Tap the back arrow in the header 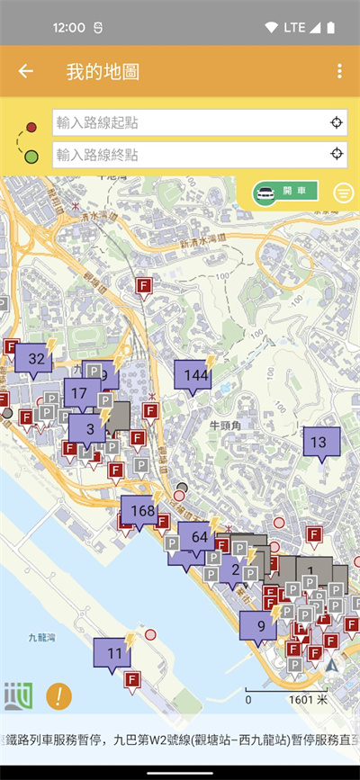[26, 71]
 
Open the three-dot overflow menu [339, 71]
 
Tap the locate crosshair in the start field [337, 122]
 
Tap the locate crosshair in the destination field [337, 154]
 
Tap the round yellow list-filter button [343, 193]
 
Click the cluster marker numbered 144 [193, 375]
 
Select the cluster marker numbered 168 [142, 511]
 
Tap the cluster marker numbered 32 [34, 359]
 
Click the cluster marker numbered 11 [113, 653]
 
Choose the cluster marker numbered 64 [198, 538]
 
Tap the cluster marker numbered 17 [81, 393]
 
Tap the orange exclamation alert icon [58, 695]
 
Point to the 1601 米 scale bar [287, 698]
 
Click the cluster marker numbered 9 [259, 627]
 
